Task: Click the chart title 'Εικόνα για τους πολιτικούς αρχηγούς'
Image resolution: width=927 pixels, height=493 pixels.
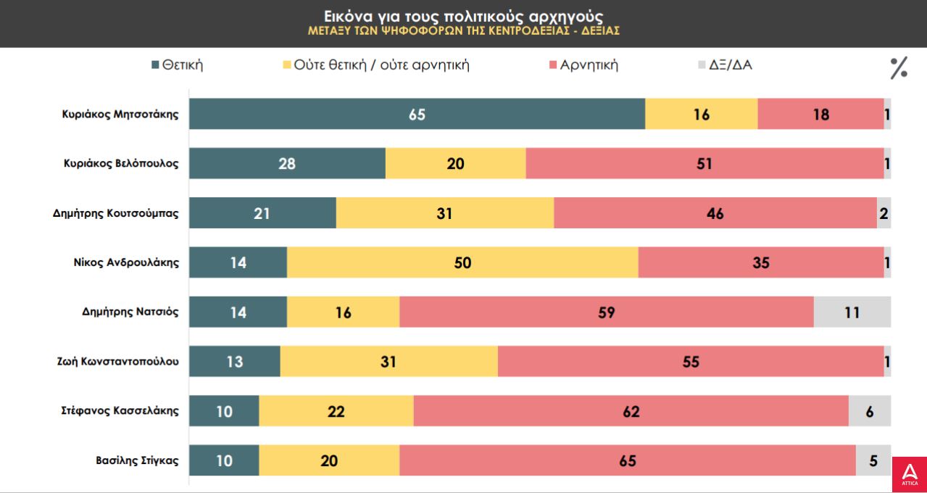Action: coord(463,16)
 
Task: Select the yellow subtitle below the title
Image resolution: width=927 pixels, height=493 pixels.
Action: coord(463,32)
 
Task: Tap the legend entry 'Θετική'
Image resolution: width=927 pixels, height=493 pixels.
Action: coord(177,65)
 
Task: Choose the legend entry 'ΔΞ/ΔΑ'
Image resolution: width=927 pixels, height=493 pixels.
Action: coord(725,65)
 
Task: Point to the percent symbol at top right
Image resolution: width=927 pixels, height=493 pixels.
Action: coord(899,67)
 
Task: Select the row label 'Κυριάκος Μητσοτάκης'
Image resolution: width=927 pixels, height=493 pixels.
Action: coord(120,114)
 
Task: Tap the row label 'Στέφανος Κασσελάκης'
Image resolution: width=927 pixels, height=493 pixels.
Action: coord(120,411)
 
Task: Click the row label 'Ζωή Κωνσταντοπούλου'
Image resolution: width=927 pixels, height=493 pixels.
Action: coord(117,361)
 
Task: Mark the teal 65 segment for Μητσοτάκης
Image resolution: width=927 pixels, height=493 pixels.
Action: coord(417,114)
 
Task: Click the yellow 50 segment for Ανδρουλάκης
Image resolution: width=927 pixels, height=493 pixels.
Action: coord(462,262)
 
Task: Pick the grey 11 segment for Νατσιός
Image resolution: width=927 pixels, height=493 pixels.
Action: coord(852,312)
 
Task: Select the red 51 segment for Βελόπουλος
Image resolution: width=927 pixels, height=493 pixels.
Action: coord(704,163)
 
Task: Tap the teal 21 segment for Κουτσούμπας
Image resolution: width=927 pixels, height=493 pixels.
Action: coord(262,213)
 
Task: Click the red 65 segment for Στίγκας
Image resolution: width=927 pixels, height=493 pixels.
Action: coord(628,460)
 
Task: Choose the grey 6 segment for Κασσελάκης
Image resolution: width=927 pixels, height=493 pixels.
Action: coord(870,411)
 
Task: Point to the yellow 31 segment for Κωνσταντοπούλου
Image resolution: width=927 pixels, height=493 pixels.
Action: coord(388,361)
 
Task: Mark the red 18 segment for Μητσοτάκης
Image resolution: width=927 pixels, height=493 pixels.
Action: coord(820,114)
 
